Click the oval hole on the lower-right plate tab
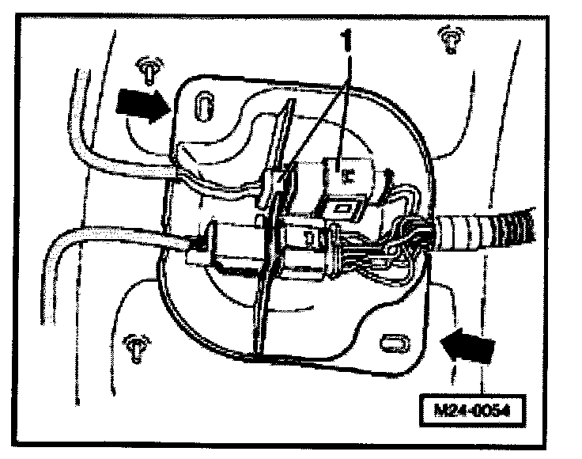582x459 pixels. coord(393,343)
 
